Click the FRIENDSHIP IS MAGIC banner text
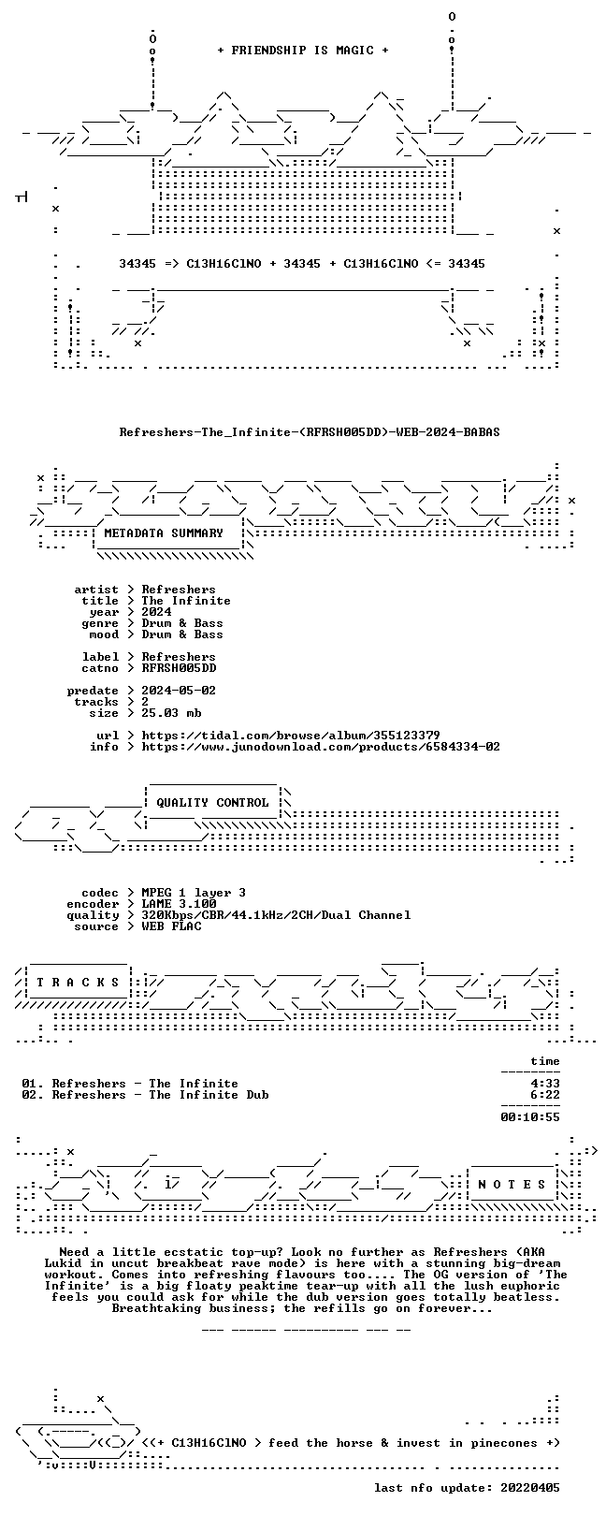[303, 51]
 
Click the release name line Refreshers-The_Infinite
[310, 432]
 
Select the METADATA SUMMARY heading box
[164, 533]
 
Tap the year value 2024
[156, 612]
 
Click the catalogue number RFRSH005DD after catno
[179, 668]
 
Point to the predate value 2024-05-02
[179, 691]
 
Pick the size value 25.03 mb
[171, 713]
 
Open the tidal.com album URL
[291, 735]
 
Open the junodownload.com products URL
[321, 747]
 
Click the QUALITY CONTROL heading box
[212, 803]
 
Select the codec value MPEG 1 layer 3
[194, 893]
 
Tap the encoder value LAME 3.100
[179, 904]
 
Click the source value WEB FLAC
[171, 926]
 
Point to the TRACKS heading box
[78, 982]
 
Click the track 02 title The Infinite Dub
[209, 1095]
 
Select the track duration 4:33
[545, 1084]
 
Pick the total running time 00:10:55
[530, 1117]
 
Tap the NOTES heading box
[512, 1185]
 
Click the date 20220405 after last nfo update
[530, 1488]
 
